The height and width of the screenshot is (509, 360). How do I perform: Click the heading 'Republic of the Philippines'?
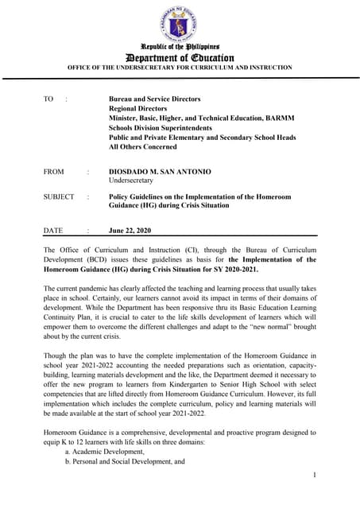click(x=180, y=48)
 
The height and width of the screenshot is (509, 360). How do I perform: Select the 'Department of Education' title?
click(x=180, y=58)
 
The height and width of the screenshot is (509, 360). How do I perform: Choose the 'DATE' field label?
click(x=53, y=231)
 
